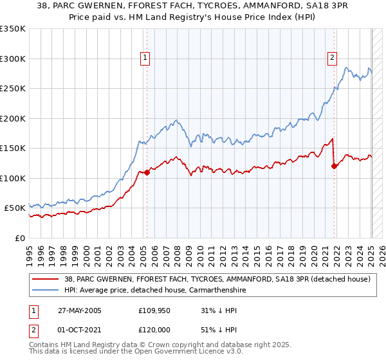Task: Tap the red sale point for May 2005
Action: (147, 172)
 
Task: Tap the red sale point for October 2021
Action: (334, 166)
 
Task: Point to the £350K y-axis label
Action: (13, 29)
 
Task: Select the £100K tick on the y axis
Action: (13, 178)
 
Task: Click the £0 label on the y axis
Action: (20, 238)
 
